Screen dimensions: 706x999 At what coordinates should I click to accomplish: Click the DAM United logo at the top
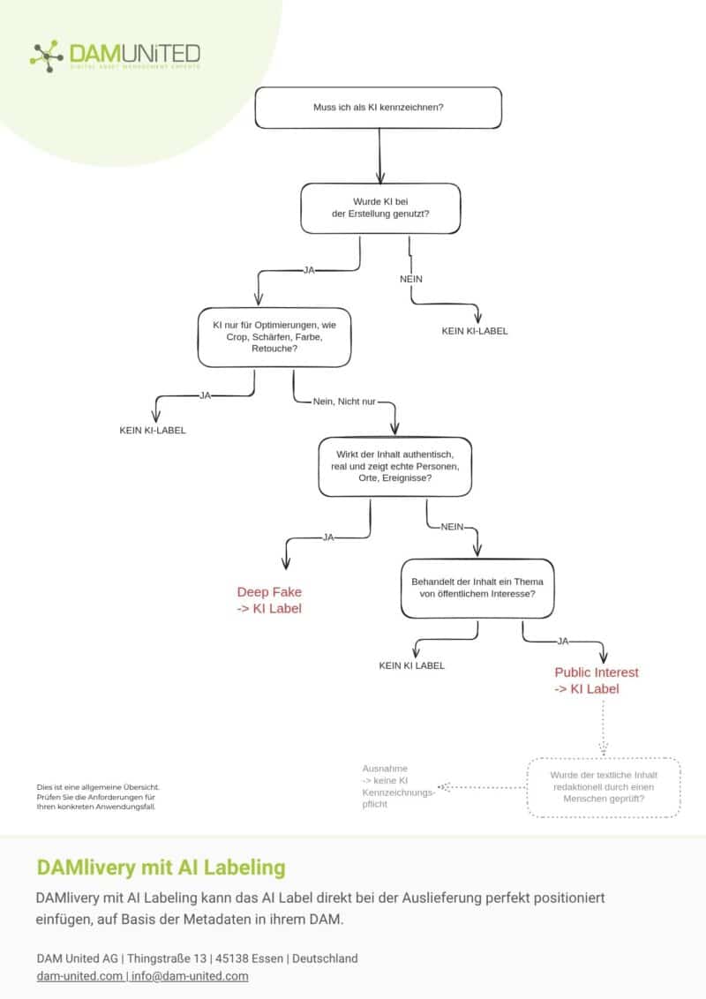[x=116, y=56]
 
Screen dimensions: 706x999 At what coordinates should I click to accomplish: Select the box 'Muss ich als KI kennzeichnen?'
[x=379, y=108]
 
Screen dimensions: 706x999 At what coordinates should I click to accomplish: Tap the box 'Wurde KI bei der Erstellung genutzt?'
[x=380, y=208]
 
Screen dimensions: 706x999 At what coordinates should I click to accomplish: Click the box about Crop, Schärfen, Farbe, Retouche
[x=274, y=337]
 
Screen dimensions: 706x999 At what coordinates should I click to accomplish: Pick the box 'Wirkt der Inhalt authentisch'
[x=395, y=466]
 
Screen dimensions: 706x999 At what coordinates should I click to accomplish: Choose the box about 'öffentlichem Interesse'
[x=477, y=588]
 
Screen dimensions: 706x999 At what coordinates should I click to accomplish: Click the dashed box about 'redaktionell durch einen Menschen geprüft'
[x=604, y=787]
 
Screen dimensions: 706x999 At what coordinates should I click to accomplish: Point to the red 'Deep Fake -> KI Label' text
[x=269, y=600]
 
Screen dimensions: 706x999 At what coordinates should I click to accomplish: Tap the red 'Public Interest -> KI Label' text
[x=597, y=680]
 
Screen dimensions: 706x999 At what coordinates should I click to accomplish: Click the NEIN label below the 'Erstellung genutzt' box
[x=411, y=279]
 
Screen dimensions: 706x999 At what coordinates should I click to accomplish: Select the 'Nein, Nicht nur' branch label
[x=344, y=402]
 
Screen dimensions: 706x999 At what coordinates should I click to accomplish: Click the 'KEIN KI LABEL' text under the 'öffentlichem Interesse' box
[x=411, y=665]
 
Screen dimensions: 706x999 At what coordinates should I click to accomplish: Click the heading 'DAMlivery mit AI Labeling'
[x=161, y=868]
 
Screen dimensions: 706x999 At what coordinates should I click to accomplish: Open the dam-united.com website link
[x=79, y=976]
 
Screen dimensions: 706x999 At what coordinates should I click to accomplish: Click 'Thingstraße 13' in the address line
[x=167, y=958]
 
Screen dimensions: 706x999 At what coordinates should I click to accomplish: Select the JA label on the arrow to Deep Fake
[x=328, y=537]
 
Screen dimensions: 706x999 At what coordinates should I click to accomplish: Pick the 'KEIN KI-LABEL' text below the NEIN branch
[x=475, y=331]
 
